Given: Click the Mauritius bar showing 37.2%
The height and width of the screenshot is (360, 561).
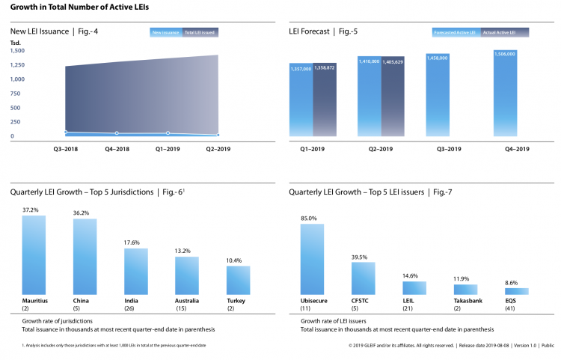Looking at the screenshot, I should tap(34, 254).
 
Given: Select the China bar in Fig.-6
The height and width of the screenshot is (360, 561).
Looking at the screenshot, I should tap(85, 256).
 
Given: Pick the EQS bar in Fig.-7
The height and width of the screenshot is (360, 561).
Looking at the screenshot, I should tap(517, 291).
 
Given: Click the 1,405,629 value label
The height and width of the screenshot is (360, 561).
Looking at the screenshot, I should tap(393, 62).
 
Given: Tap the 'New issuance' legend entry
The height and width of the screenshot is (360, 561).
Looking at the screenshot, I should tap(165, 33).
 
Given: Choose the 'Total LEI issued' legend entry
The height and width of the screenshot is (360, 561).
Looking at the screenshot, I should tap(200, 33).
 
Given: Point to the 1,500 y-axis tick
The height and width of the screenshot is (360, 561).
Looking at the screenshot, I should tap(18, 51).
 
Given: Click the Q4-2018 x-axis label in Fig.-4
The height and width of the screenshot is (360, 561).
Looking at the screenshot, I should tap(117, 149).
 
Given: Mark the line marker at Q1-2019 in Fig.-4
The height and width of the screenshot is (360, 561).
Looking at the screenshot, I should tap(168, 133).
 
